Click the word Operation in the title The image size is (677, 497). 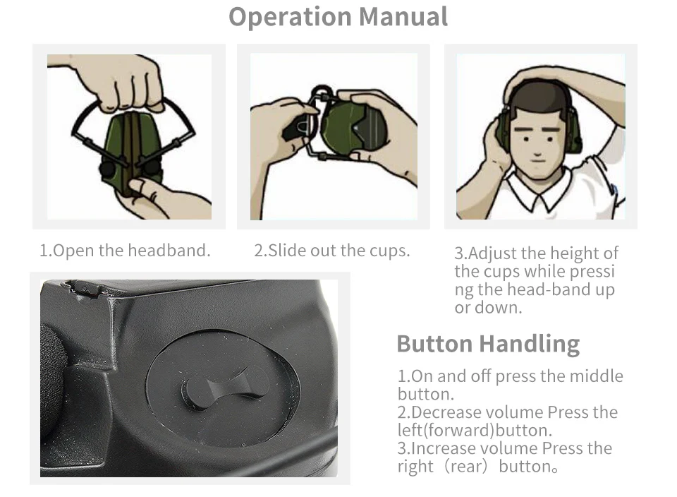pyautogui.click(x=290, y=18)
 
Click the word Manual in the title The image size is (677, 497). pyautogui.click(x=403, y=17)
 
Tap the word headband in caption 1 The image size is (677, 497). pyautogui.click(x=169, y=250)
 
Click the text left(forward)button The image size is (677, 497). pyautogui.click(x=475, y=431)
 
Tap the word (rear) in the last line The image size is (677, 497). pyautogui.click(x=466, y=467)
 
